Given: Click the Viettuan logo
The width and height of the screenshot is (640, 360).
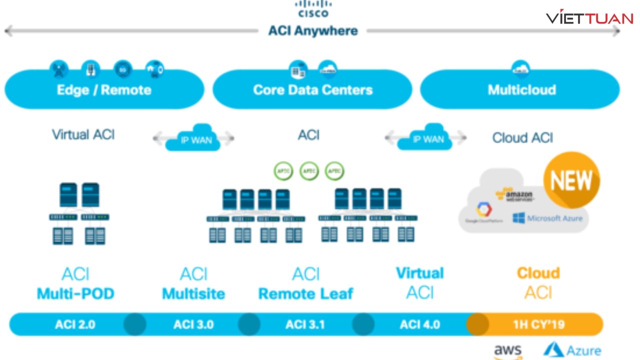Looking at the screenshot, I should [x=589, y=18].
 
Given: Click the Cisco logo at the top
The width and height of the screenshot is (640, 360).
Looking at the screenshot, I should [x=313, y=9].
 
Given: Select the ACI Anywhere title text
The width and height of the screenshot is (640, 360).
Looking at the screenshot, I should [x=313, y=31].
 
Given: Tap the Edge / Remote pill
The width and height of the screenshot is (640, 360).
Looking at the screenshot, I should [x=104, y=90].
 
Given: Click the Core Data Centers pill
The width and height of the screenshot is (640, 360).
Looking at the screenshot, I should [x=313, y=90].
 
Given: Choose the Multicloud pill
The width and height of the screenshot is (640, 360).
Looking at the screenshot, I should [x=521, y=90].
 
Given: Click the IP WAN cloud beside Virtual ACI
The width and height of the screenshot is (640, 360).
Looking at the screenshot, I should [x=195, y=138].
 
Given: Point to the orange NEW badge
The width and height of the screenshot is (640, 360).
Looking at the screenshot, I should [x=571, y=179].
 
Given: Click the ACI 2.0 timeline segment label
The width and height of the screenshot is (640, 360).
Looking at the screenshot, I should [x=74, y=324].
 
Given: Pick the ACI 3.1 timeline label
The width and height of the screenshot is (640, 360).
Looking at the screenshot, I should [x=305, y=324].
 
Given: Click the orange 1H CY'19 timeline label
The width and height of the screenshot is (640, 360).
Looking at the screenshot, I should [x=538, y=324].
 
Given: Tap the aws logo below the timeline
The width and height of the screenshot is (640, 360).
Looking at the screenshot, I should [x=507, y=351].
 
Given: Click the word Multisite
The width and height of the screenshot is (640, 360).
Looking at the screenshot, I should [x=193, y=293].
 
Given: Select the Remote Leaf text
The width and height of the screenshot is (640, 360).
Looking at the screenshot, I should [x=305, y=293].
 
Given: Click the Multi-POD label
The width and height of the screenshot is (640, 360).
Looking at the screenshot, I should [x=75, y=293].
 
